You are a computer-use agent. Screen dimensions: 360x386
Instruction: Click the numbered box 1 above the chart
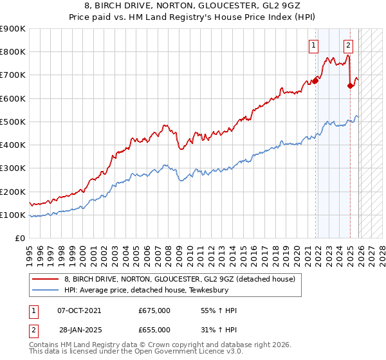tap(313, 45)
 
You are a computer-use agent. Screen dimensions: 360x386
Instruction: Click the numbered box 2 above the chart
tap(348, 45)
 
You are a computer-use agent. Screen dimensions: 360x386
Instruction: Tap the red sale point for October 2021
tap(315, 81)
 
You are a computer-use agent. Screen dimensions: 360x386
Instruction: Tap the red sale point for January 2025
tap(350, 85)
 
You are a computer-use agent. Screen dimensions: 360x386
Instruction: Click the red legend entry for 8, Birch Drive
tap(179, 279)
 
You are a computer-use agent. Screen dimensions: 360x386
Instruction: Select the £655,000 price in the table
tap(154, 329)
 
